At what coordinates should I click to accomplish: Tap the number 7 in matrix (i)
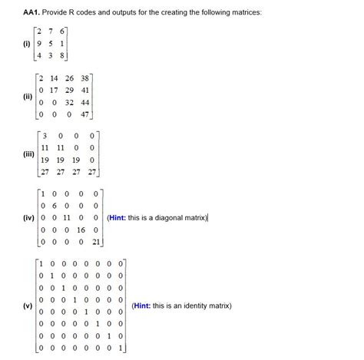click(50, 31)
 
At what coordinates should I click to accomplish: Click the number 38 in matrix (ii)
click(84, 78)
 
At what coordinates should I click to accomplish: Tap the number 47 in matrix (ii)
click(84, 115)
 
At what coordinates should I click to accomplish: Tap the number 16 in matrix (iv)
click(82, 230)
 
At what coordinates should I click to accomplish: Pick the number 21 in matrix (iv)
click(97, 242)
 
